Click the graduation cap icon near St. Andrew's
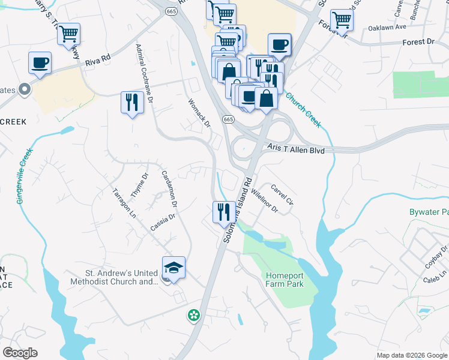point(173,268)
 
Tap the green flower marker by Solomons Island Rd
point(193,314)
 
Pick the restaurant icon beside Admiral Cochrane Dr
point(131,103)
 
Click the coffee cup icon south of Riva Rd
point(40,63)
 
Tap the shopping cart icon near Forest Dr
point(341,20)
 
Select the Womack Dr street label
point(199,113)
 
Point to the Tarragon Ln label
point(125,203)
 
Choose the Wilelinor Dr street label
point(265,201)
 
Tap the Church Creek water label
point(303,110)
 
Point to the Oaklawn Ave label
point(385,28)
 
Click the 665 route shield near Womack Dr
point(228,120)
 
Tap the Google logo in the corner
point(20,353)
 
